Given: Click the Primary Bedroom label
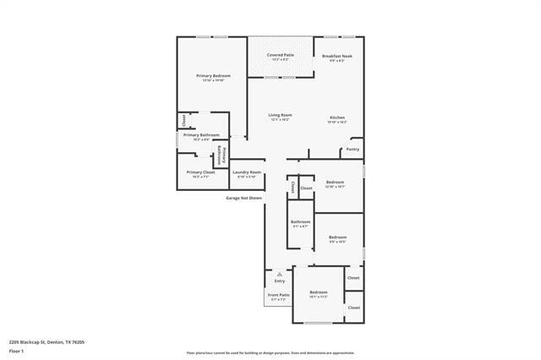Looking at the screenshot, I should point(213,76).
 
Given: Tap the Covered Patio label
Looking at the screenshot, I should point(280,55).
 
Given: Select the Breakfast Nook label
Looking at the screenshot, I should point(337,56).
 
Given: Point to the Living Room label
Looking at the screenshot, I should point(280,115).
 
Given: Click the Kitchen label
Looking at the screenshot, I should point(336,117).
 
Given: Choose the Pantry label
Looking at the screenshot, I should point(352,149).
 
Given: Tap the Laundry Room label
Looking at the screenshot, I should point(247,172).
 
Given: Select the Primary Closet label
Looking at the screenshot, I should point(201,172).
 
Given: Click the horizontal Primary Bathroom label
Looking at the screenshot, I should point(201,135).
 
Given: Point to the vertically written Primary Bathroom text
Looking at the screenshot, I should point(222,153).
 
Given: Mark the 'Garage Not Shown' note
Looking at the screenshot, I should point(243,198).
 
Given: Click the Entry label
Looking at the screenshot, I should point(279,281).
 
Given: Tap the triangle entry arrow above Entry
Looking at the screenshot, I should point(279,274).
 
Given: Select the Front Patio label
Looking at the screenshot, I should point(279,295).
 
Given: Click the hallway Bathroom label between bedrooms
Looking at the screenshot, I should point(301,221).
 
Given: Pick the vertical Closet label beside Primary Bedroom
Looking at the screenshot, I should point(183,119).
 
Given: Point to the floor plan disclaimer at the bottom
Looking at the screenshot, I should point(270,353).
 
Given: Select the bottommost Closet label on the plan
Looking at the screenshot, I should point(353,308).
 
